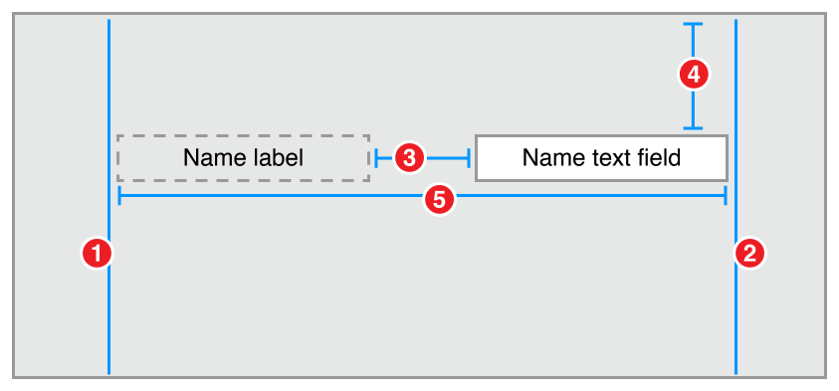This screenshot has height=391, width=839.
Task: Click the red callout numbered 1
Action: (x=96, y=253)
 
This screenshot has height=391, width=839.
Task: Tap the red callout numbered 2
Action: (x=748, y=253)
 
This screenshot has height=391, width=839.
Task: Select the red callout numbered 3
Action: (x=410, y=157)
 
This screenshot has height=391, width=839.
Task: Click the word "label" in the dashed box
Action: (x=276, y=157)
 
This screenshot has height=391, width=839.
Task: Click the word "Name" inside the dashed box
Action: (x=213, y=157)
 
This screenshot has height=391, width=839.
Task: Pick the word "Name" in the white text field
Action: (x=551, y=157)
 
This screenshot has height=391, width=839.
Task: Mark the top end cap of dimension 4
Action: (x=694, y=24)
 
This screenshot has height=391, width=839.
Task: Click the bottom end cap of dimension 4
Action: (x=694, y=127)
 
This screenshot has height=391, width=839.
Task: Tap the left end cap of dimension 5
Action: (x=119, y=195)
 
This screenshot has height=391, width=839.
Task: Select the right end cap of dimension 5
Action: (x=726, y=195)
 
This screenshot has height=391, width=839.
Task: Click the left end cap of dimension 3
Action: (x=377, y=157)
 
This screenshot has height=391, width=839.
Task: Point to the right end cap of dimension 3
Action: (x=469, y=157)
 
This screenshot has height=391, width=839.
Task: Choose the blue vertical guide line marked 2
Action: (x=735, y=318)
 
